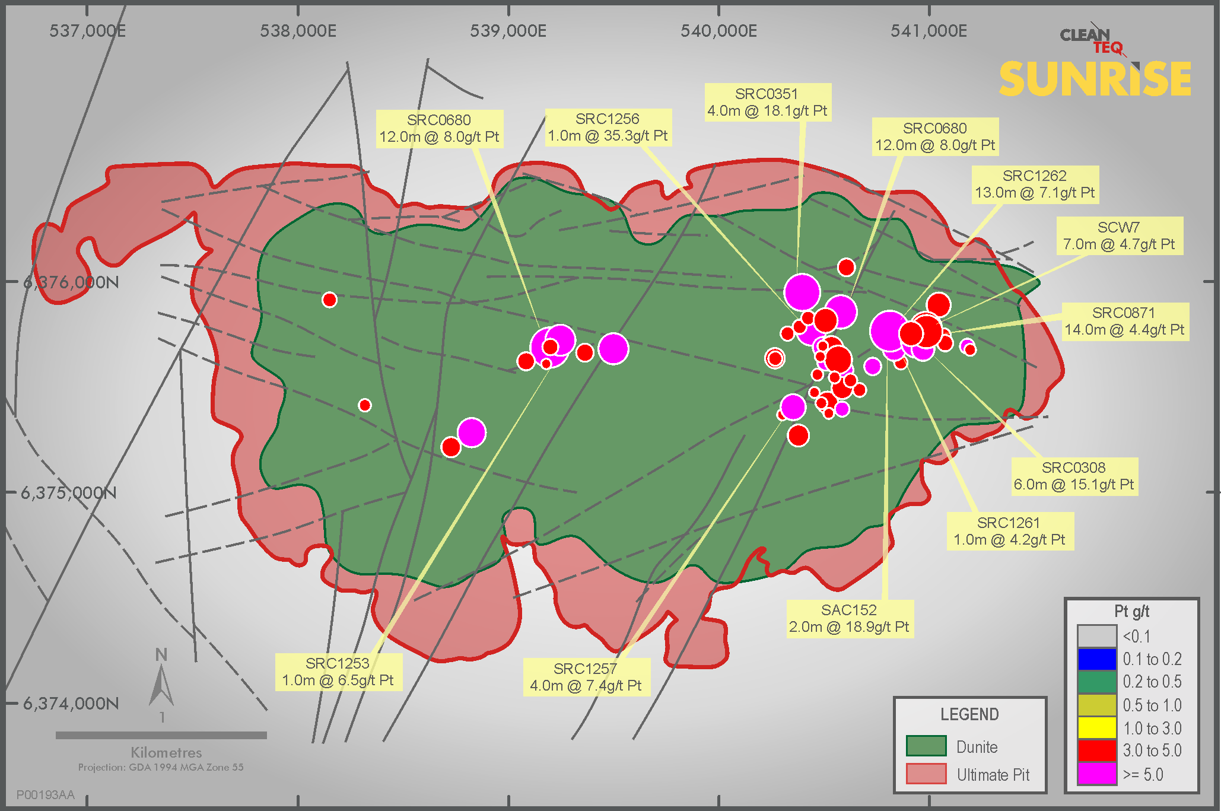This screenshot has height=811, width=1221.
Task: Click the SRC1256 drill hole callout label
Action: point(608,128)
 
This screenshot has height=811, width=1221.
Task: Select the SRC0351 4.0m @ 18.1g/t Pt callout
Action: point(767,103)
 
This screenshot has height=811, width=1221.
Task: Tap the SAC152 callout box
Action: point(849,619)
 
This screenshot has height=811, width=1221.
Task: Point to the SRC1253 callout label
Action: point(338,672)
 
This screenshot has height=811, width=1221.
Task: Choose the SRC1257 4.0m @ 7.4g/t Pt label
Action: point(586,678)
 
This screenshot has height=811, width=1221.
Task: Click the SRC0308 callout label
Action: point(1074,476)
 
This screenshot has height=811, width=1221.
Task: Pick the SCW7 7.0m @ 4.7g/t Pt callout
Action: point(1119,236)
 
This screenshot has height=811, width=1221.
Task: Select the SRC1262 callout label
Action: point(1035,185)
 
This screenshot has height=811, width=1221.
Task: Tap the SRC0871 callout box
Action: point(1124,322)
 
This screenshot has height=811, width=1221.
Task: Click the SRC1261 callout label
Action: point(1009,532)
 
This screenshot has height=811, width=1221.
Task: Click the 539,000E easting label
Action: point(508,31)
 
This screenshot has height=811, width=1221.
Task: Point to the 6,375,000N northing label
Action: point(69,493)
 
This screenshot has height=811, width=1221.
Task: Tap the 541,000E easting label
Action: point(929,31)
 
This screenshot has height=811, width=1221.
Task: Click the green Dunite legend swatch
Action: point(926,746)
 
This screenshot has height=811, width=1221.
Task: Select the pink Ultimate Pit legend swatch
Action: point(926,774)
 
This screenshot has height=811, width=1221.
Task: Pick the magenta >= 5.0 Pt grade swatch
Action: point(1097,774)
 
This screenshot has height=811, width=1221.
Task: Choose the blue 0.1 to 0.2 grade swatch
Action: point(1097,659)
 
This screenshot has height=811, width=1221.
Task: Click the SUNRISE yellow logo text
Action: point(1095,79)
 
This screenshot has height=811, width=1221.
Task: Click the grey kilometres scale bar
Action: point(161,736)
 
